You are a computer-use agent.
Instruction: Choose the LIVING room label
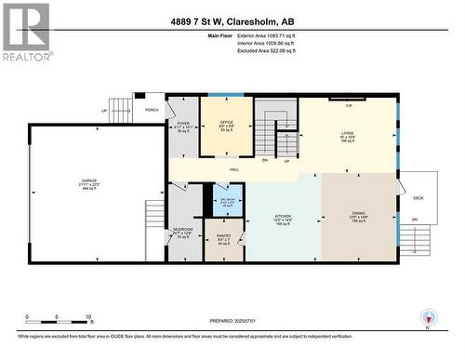[347, 134]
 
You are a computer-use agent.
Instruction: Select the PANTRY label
[225, 237]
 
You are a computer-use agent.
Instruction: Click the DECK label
[418, 197]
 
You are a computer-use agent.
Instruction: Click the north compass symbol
[428, 319]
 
